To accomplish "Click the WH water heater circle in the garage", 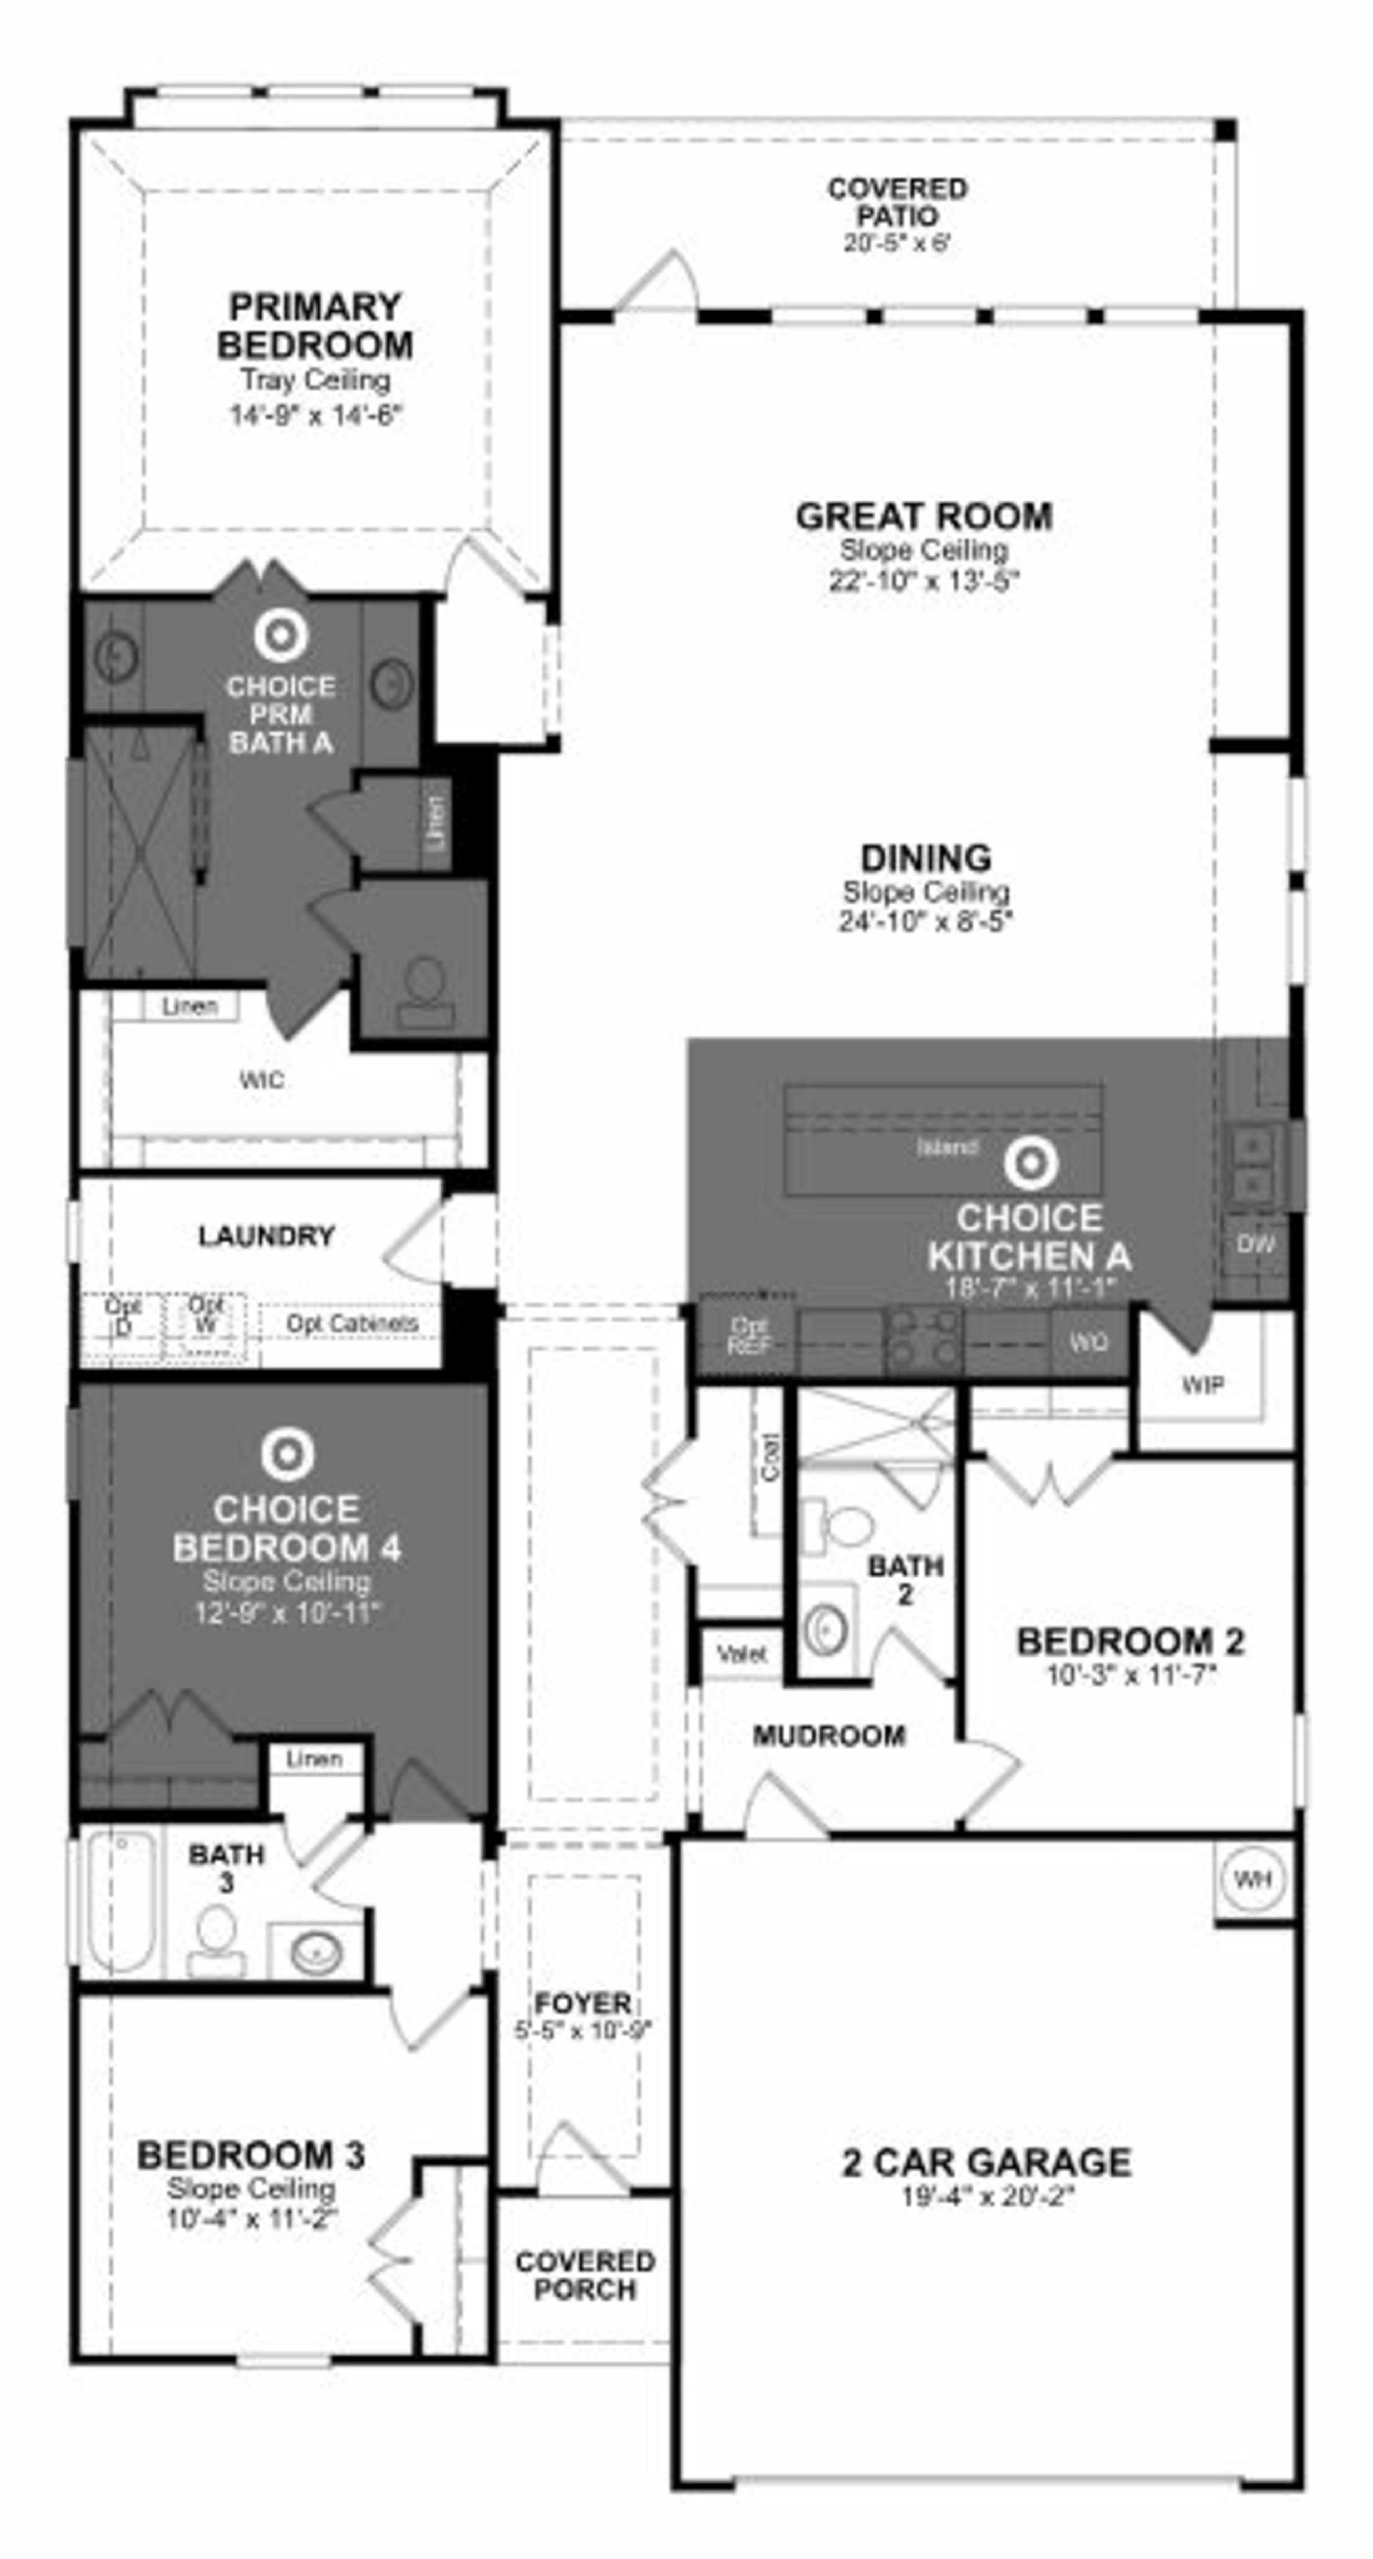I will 1253,1879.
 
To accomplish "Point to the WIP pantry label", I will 1202,1384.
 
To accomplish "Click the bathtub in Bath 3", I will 119,1900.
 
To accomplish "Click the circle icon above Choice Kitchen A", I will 1030,1162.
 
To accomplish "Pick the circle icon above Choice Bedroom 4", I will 287,1454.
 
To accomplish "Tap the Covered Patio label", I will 897,202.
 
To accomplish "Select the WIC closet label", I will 261,1080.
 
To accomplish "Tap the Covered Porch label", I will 585,2274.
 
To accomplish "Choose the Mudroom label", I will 828,1736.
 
